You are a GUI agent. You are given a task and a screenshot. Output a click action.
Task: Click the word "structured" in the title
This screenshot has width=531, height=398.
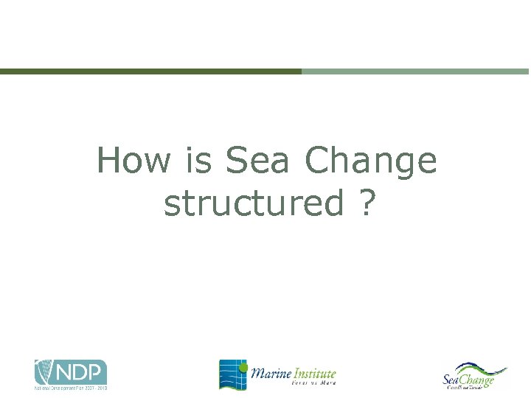click(x=253, y=203)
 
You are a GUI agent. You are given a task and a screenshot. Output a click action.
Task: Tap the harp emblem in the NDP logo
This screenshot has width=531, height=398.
click(x=45, y=372)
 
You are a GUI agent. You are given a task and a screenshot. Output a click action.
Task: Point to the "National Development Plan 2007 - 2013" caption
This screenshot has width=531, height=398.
click(x=71, y=388)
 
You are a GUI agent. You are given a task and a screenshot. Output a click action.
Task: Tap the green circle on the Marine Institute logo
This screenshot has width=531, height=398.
click(x=243, y=363)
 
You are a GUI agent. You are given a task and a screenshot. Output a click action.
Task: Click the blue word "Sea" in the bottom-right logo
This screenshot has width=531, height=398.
click(x=452, y=380)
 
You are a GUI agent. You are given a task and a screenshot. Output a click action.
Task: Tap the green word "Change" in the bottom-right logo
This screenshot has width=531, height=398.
click(x=478, y=380)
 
